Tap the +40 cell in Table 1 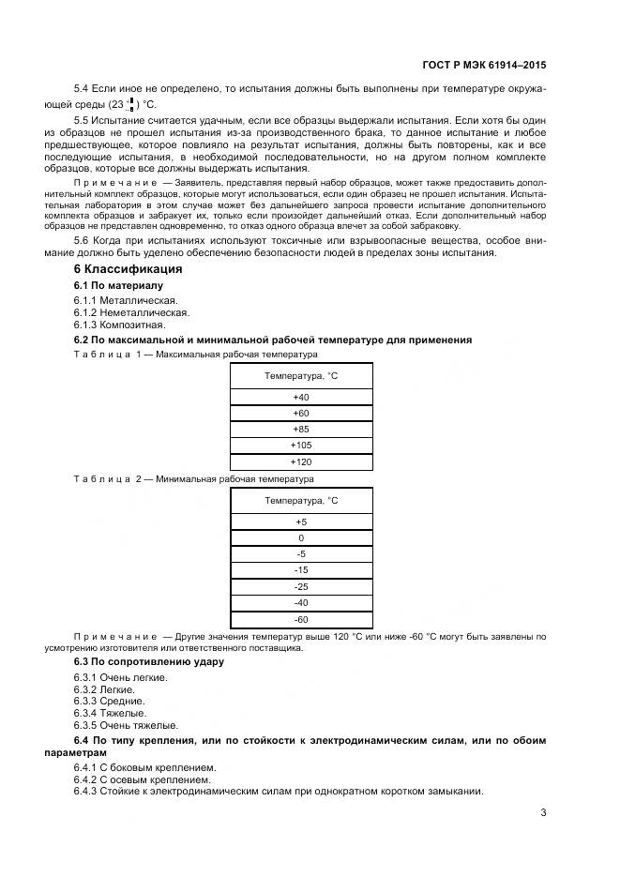tap(301, 397)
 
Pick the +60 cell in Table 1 tap(301, 413)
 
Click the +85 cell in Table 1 tap(301, 429)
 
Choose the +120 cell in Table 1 tap(301, 461)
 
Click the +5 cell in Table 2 tap(301, 522)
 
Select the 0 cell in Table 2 tap(301, 538)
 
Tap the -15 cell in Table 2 tap(301, 570)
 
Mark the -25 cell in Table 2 tap(301, 586)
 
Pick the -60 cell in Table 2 tap(301, 619)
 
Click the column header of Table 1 tap(301, 375)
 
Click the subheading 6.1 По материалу tap(118, 285)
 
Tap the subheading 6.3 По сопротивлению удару tap(148, 661)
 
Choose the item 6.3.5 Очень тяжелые tap(126, 725)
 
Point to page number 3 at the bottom tap(543, 812)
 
